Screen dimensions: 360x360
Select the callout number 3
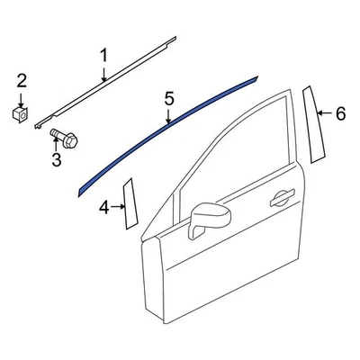tap(55, 159)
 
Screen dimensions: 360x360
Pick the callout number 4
tap(103, 209)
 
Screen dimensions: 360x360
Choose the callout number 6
tap(340, 114)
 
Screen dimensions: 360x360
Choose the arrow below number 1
tap(103, 72)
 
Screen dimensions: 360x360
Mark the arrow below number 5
tap(168, 115)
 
